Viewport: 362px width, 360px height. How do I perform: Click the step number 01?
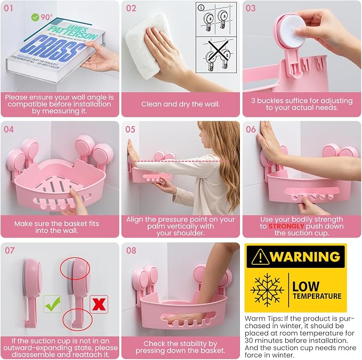point(9,9)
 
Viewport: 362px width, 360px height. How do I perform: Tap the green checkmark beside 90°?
point(35,17)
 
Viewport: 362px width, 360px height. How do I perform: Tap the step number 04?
point(9,129)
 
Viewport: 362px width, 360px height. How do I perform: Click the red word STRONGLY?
point(286,226)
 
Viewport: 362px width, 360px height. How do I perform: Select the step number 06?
point(251,129)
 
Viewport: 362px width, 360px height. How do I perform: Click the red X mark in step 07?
point(99,304)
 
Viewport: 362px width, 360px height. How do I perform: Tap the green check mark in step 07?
point(53,304)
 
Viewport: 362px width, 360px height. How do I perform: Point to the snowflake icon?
point(267,290)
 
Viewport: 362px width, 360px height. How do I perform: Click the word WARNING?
point(305,256)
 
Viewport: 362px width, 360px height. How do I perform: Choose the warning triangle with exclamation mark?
point(260,257)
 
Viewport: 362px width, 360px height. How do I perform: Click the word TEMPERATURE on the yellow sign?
point(317,296)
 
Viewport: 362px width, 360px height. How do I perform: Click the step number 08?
point(131,250)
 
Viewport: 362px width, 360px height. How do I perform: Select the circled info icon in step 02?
point(201,7)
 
